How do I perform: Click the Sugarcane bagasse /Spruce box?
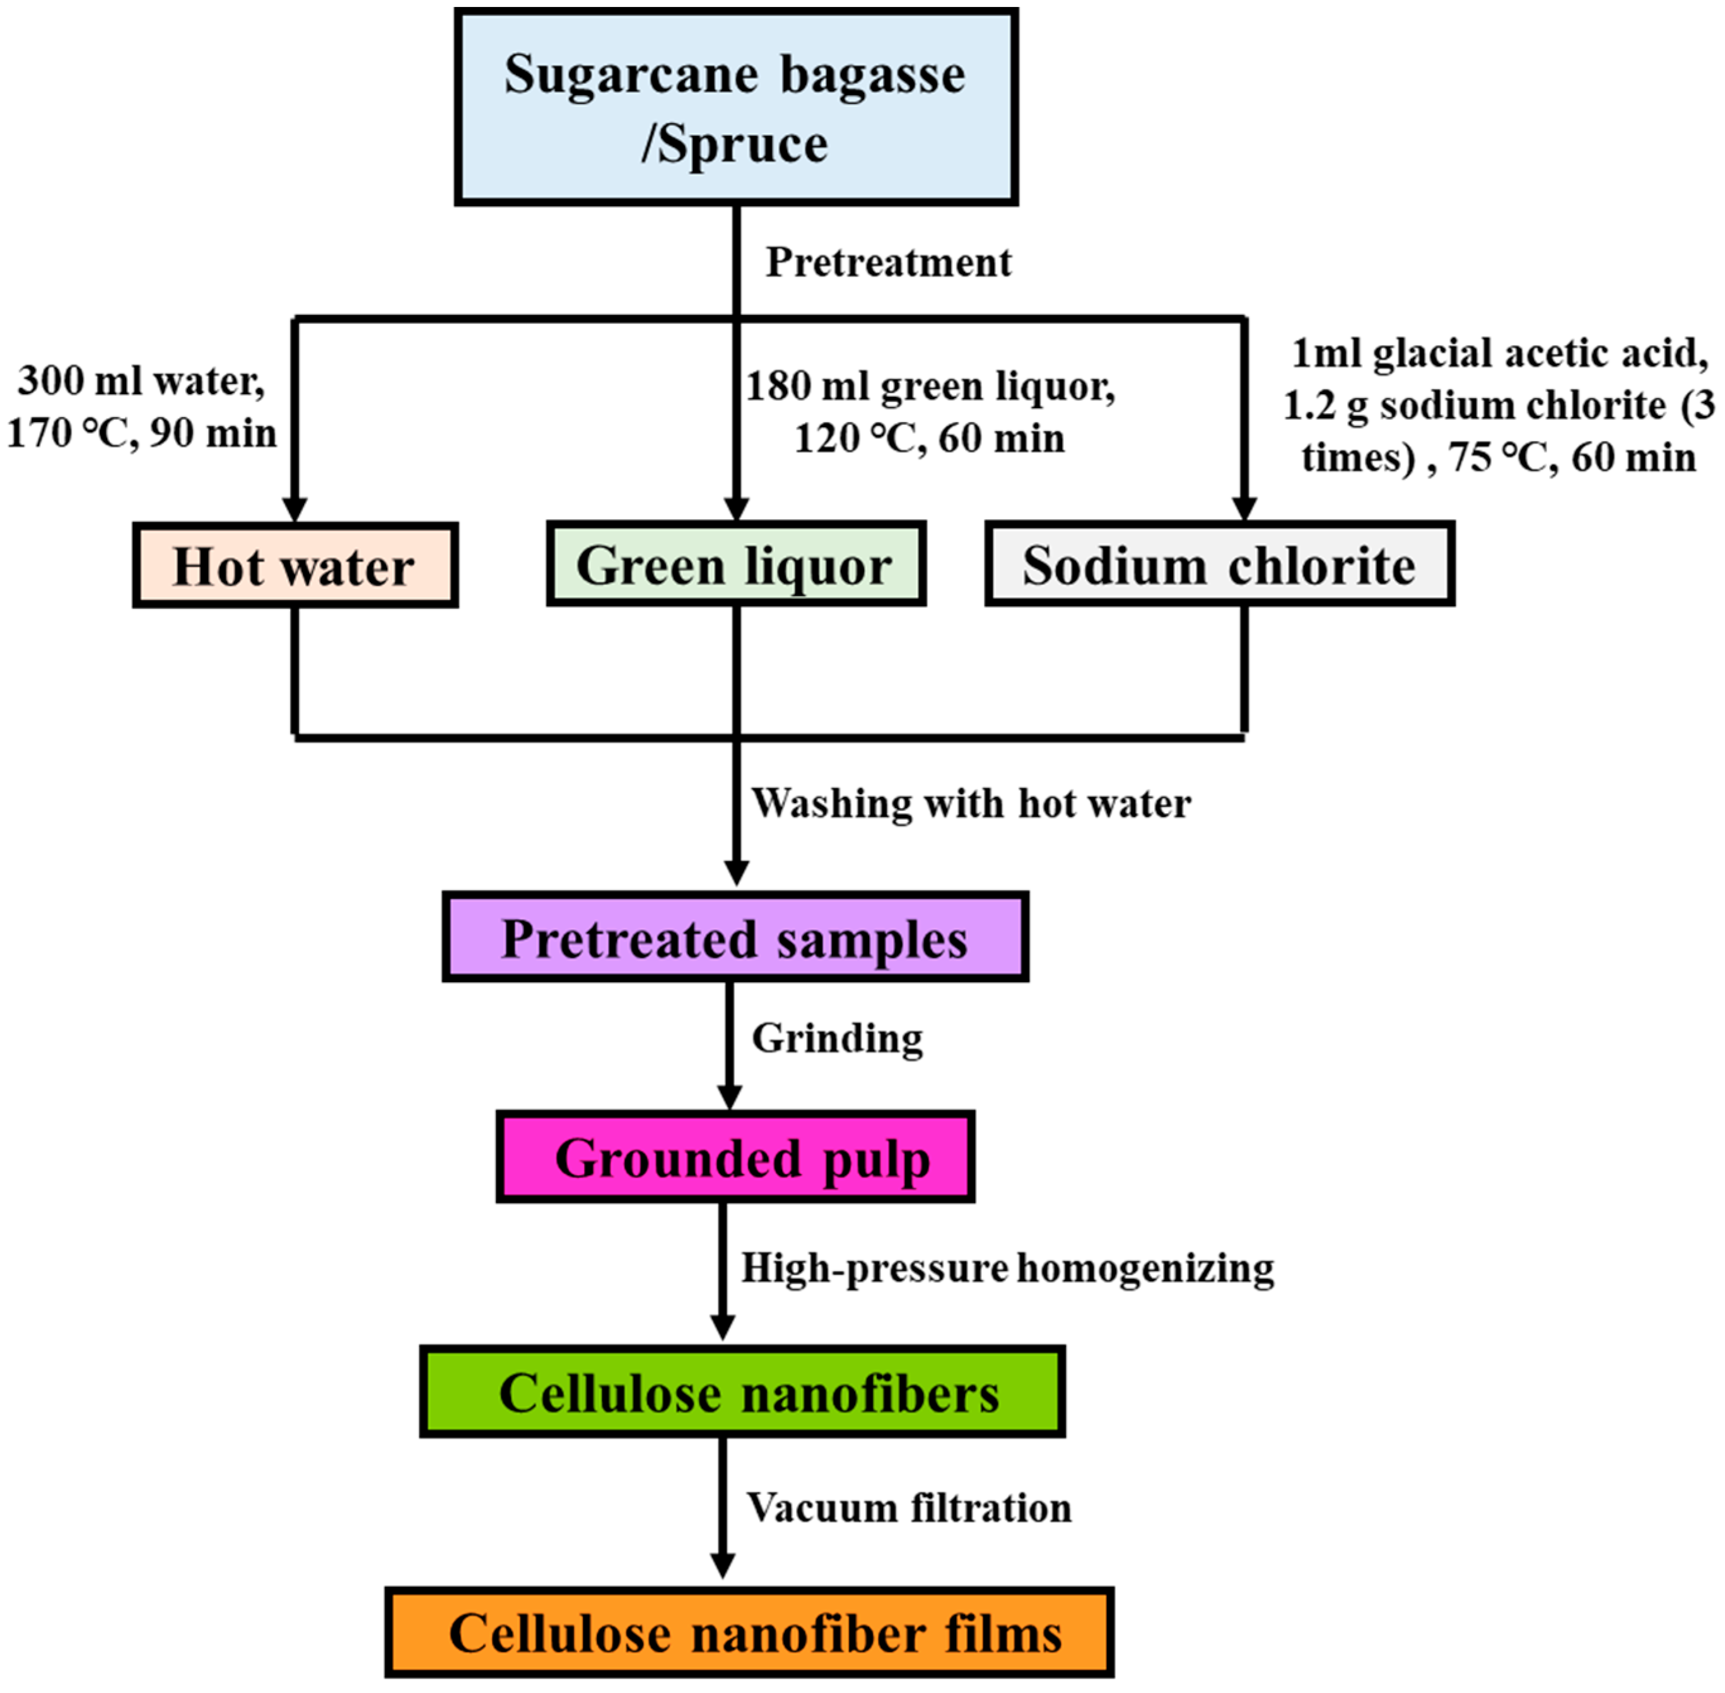(735, 107)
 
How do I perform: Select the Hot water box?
(295, 566)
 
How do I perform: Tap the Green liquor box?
(735, 564)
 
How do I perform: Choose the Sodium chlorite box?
(1219, 564)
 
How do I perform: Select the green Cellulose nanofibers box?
(742, 1391)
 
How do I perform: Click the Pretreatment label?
(888, 262)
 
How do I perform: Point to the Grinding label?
(837, 1038)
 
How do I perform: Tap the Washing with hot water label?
(971, 803)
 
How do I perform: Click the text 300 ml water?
(141, 380)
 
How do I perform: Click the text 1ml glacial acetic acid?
(1499, 353)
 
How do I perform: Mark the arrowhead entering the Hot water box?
(295, 508)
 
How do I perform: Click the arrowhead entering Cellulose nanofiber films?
(723, 1565)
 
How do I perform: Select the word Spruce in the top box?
(744, 144)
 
